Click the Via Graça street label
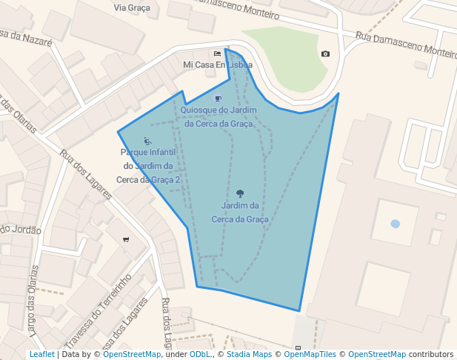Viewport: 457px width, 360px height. (132, 7)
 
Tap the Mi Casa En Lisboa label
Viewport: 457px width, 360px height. (217, 64)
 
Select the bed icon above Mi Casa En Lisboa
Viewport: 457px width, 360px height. (217, 53)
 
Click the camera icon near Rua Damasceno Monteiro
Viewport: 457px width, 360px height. (325, 54)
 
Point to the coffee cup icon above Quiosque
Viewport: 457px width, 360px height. (218, 99)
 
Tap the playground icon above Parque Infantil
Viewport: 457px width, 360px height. (147, 141)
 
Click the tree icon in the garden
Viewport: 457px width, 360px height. (239, 193)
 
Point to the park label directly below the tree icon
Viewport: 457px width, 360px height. (239, 212)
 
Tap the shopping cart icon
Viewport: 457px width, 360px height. (126, 239)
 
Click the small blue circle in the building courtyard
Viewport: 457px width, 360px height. (395, 224)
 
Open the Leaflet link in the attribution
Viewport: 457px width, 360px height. (41, 355)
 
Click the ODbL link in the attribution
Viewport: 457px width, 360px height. (200, 355)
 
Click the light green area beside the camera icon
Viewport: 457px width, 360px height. (293, 56)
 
